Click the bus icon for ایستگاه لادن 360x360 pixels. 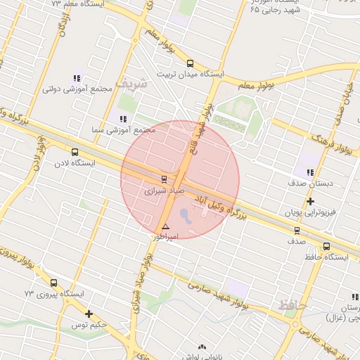pos(75,151)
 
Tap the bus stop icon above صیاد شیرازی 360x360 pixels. pos(164,179)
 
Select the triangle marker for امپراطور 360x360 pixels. pos(165,226)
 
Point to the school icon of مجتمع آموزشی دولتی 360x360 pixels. pos(77,78)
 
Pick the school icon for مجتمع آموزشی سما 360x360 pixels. pos(123,120)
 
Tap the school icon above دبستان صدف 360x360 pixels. pos(309,172)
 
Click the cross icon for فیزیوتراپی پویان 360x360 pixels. pos(310,202)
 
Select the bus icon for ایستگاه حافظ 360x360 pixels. pos(326,246)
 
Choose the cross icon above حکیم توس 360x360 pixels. pos(89,314)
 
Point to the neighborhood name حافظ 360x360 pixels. pos(290,305)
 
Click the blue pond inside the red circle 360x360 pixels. pos(185,213)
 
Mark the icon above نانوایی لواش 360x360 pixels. pos(203,347)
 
